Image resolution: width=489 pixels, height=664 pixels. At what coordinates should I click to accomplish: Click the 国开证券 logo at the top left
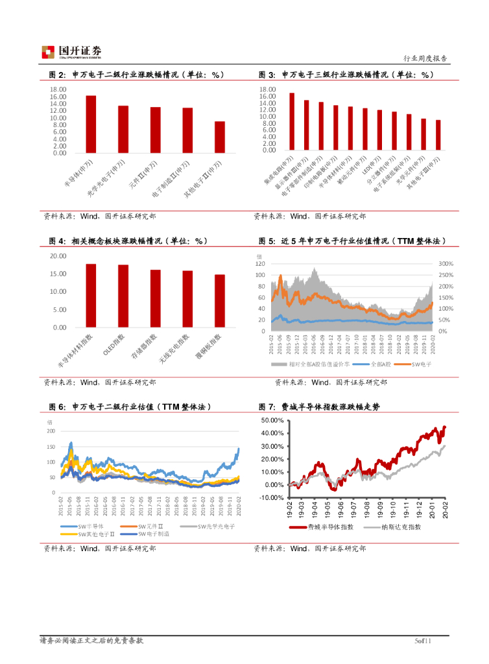[71, 52]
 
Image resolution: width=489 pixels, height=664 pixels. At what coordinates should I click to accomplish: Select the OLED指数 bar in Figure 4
[123, 296]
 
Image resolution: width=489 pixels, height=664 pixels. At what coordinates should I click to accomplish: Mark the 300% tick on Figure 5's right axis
[446, 265]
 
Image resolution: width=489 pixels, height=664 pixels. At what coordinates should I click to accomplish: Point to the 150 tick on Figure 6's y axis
[51, 447]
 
